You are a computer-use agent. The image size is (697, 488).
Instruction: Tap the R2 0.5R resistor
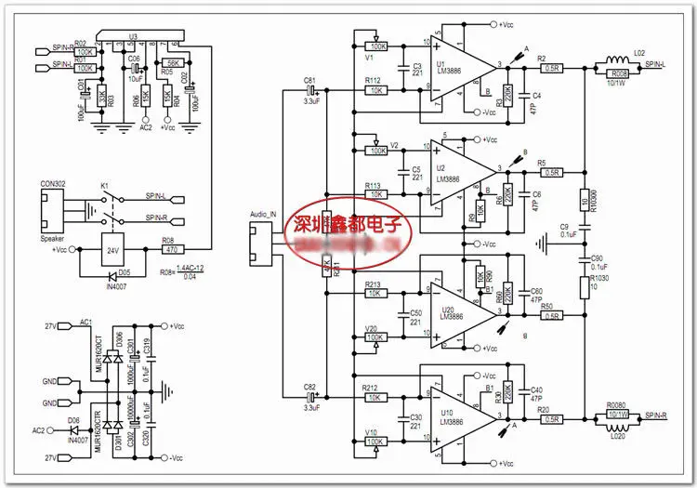click(x=552, y=67)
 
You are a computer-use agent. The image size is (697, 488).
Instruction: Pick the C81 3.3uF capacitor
click(x=312, y=91)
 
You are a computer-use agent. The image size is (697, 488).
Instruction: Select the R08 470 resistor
click(x=173, y=249)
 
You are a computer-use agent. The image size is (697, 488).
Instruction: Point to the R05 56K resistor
click(x=173, y=61)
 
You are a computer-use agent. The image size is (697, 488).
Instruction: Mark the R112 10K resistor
click(x=376, y=91)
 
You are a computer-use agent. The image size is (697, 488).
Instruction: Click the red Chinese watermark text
click(x=348, y=225)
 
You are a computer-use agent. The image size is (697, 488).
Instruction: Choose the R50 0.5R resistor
click(x=552, y=316)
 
